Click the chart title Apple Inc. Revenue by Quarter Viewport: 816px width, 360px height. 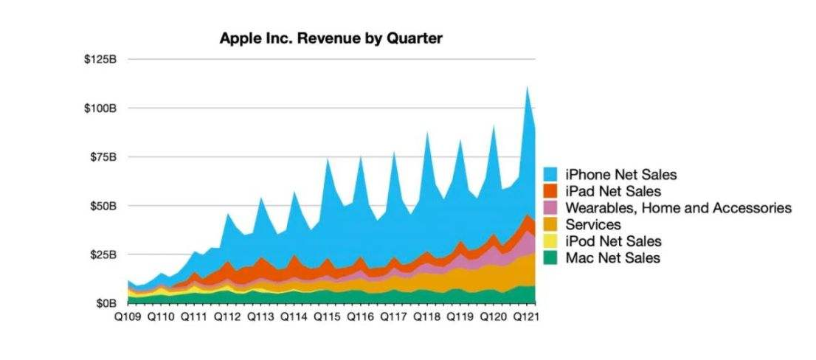tap(331, 38)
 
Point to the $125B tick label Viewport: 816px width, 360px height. tap(100, 59)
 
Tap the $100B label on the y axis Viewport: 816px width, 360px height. tap(100, 108)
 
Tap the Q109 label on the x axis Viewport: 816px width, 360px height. tap(127, 316)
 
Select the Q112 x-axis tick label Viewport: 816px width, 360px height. tap(227, 316)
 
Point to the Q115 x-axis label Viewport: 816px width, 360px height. tap(327, 316)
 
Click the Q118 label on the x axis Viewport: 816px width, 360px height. tap(427, 316)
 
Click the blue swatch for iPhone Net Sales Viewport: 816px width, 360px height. tap(551, 175)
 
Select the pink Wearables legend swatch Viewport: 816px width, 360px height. tap(551, 208)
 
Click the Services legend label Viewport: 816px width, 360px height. tap(593, 224)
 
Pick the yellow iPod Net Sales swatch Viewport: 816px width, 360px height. tap(551, 241)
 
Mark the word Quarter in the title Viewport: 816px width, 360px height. tap(414, 38)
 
